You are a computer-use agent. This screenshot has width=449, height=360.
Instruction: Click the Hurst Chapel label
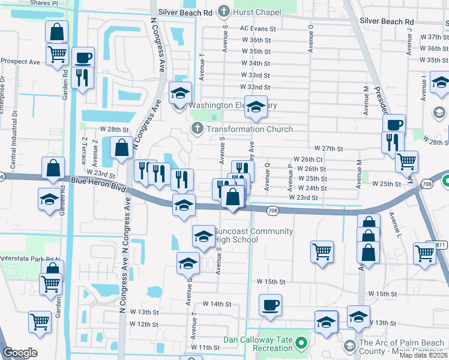(x=252, y=11)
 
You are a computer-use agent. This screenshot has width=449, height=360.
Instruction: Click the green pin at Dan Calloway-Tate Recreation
(x=303, y=343)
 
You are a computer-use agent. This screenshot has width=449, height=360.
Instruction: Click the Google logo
(x=19, y=353)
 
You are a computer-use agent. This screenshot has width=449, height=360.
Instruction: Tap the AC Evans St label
(x=258, y=28)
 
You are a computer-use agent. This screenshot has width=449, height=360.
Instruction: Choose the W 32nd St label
(x=255, y=87)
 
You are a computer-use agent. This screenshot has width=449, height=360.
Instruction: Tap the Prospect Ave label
(x=20, y=61)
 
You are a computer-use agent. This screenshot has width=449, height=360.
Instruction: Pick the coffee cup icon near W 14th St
(x=270, y=304)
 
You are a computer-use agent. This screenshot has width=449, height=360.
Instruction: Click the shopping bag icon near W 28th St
(x=121, y=146)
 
